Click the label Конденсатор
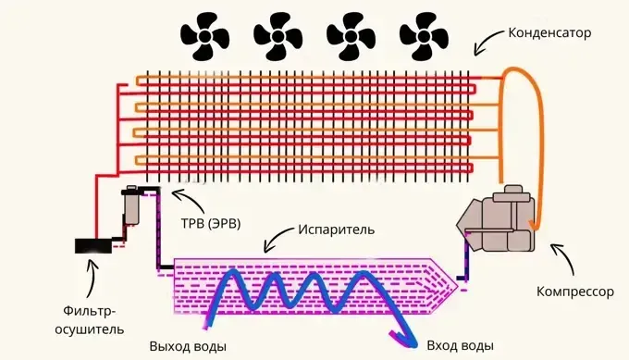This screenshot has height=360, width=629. (x=549, y=33)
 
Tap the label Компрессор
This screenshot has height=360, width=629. (x=575, y=292)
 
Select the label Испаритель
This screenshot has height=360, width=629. (x=336, y=230)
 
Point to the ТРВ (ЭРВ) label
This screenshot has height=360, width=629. (x=211, y=223)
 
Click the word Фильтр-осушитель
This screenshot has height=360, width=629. (x=90, y=320)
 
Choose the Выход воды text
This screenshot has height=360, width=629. (x=188, y=346)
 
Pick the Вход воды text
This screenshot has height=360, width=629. (x=460, y=345)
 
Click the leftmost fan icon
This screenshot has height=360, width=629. (x=205, y=36)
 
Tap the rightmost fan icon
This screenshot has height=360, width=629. (x=424, y=36)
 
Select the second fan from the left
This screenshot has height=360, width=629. (x=278, y=36)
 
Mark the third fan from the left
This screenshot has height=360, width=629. (x=351, y=36)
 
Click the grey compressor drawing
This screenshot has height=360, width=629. (x=497, y=219)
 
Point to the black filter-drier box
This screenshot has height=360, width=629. (x=93, y=246)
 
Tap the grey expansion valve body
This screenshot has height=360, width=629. (x=131, y=205)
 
